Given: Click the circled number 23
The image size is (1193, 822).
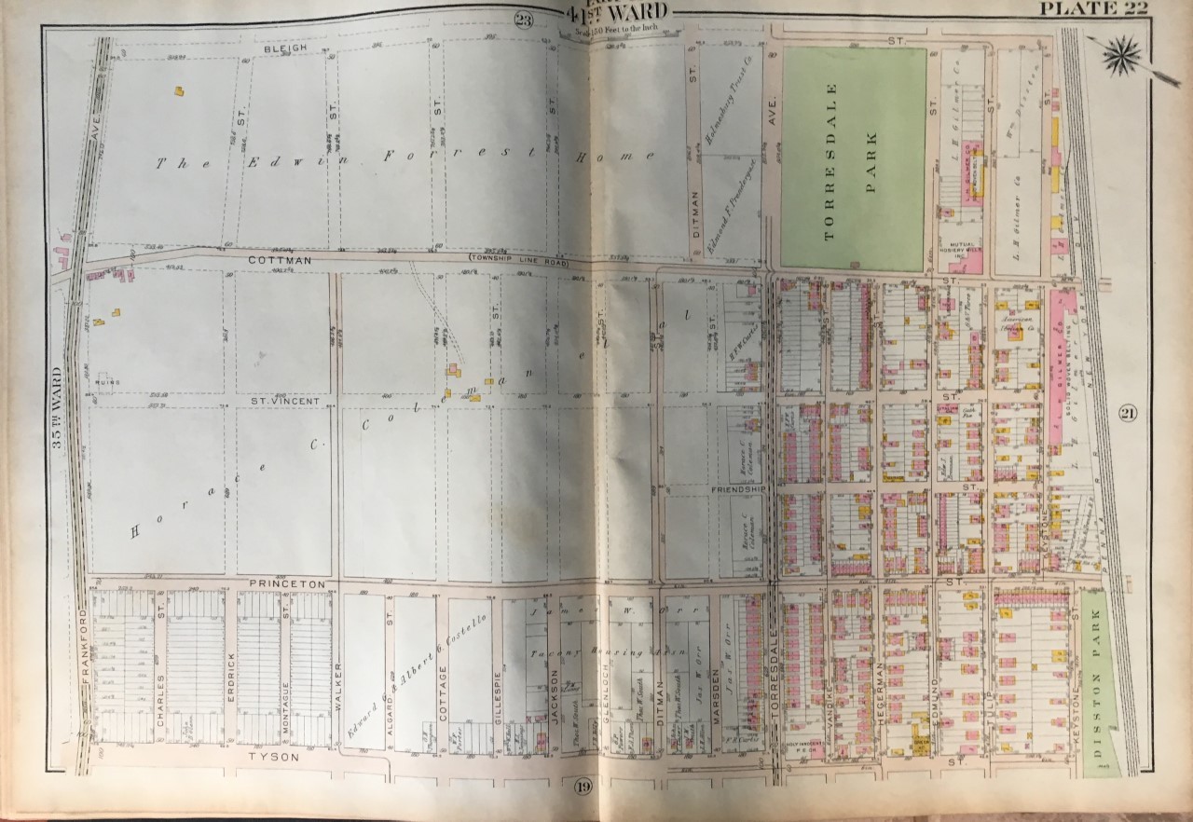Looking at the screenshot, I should [523, 19].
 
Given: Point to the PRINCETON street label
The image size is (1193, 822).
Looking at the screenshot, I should [286, 583].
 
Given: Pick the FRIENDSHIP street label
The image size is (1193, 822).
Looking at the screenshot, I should [738, 488].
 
